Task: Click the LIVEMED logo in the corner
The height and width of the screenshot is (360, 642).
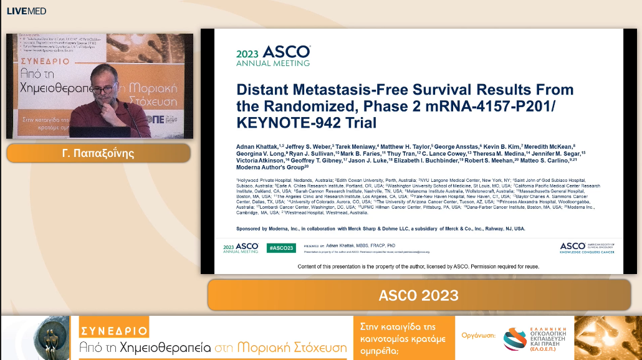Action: pyautogui.click(x=26, y=11)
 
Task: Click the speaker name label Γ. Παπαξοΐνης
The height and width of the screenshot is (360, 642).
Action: pyautogui.click(x=98, y=153)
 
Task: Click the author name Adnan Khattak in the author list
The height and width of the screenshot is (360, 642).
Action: pyautogui.click(x=258, y=145)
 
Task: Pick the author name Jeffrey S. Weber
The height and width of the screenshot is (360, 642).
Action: pyautogui.click(x=305, y=145)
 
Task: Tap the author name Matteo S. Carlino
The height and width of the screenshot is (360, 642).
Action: pyautogui.click(x=540, y=160)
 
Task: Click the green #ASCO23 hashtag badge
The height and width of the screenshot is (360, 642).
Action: pyautogui.click(x=280, y=248)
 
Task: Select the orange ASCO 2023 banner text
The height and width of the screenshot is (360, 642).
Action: pyautogui.click(x=418, y=295)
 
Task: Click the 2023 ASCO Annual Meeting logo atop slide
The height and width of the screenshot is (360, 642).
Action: pyautogui.click(x=272, y=55)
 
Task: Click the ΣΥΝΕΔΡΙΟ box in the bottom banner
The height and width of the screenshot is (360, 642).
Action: pyautogui.click(x=113, y=331)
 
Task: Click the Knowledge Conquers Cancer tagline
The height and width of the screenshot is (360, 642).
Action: pyautogui.click(x=587, y=252)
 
